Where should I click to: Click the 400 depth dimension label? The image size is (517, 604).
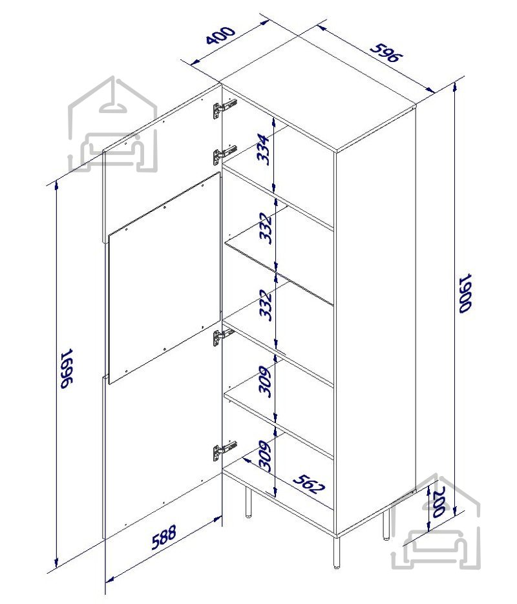point(220,35)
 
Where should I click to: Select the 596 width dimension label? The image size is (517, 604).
point(386,52)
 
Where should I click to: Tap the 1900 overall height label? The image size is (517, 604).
point(465,293)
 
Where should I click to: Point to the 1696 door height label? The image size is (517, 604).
point(67,368)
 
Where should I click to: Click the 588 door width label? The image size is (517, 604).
point(164,537)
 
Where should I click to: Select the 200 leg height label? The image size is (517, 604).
point(438,501)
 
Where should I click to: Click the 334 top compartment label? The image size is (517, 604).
point(264,149)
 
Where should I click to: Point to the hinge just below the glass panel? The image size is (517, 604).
point(224,338)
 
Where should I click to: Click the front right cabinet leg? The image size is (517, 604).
point(337,552)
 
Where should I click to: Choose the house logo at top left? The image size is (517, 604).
point(112,124)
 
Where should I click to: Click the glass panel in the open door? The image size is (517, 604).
point(165,278)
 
